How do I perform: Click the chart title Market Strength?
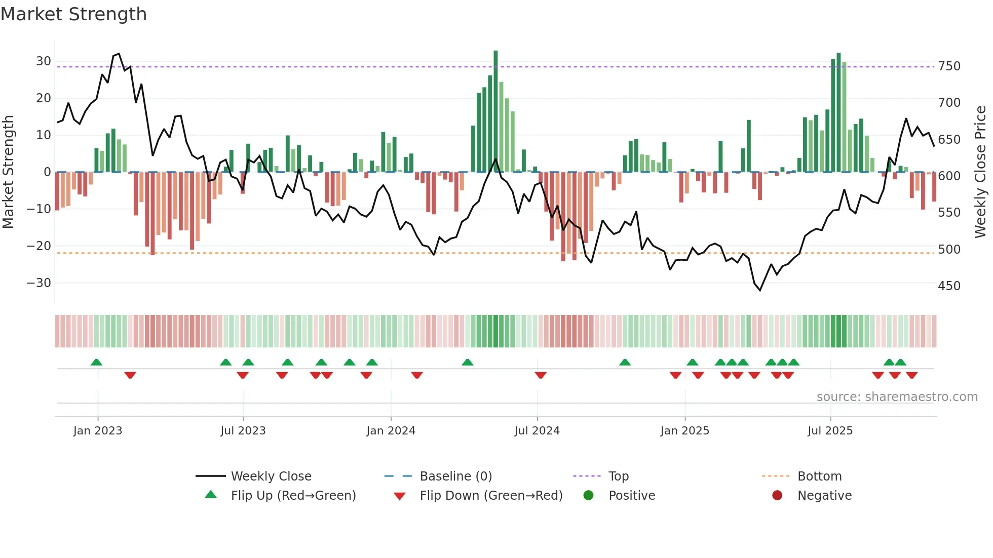(73, 14)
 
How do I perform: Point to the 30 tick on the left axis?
(44, 61)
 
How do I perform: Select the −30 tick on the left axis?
(39, 283)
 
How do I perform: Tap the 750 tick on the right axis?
(949, 66)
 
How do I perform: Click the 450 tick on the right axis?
(949, 286)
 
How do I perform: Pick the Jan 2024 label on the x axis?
(391, 431)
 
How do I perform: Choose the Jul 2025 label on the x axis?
(830, 431)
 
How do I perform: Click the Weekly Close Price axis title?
(980, 172)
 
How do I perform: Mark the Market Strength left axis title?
(8, 172)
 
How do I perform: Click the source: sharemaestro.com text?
(897, 397)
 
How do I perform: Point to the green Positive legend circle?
(588, 496)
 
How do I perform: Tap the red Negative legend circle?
(777, 496)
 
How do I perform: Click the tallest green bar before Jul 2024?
(495, 111)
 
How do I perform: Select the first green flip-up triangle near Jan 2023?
(96, 362)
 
